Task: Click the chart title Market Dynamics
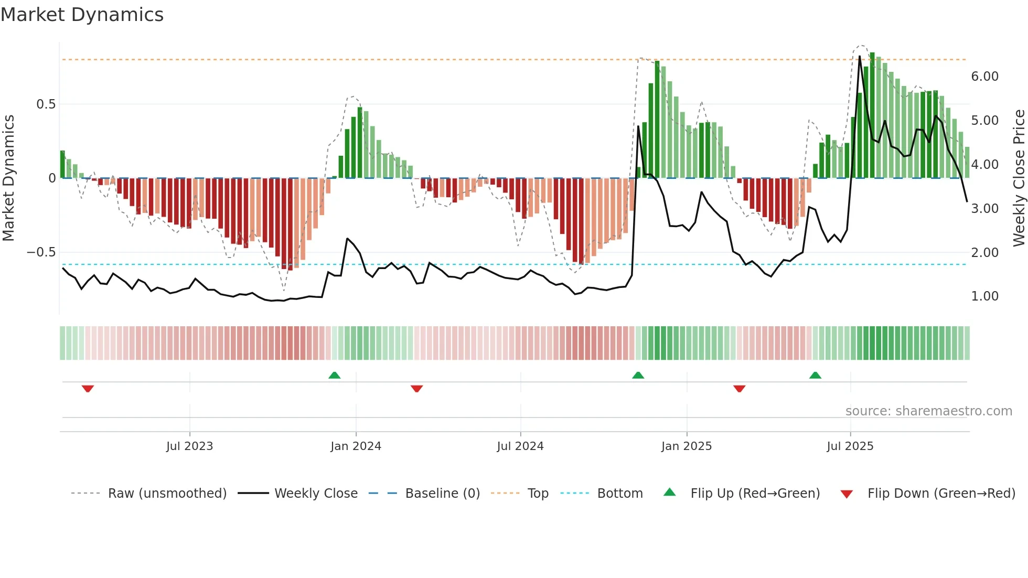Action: click(x=82, y=15)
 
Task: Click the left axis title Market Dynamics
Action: click(x=9, y=178)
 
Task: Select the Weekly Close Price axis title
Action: click(x=1019, y=178)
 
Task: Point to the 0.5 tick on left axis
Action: click(x=46, y=104)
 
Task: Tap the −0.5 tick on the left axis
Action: click(x=41, y=252)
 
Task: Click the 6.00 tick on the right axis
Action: click(x=984, y=77)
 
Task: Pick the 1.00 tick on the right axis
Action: click(x=984, y=296)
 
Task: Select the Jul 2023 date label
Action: click(x=189, y=446)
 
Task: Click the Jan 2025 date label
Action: click(x=686, y=446)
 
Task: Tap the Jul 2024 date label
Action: click(x=520, y=446)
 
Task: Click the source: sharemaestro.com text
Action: click(x=928, y=411)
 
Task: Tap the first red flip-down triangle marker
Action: click(x=88, y=389)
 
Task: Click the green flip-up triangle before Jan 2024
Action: click(x=334, y=375)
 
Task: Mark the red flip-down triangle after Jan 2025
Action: click(x=739, y=389)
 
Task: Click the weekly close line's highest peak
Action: click(x=859, y=56)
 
